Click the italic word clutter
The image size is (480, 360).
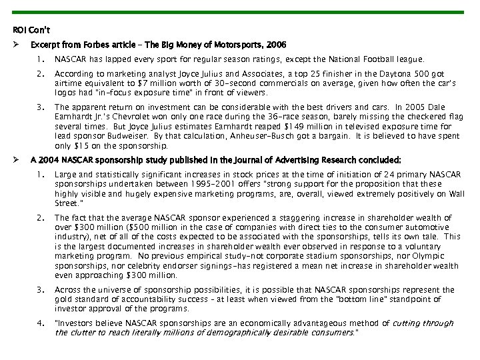[83, 333]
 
